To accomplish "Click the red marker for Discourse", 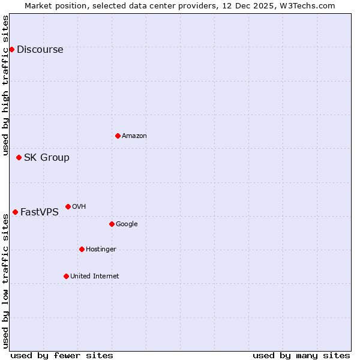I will (x=11, y=49).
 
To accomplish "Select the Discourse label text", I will (x=40, y=50).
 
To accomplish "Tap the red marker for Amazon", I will (x=118, y=136).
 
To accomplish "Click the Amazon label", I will (x=134, y=136).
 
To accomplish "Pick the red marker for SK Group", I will (x=19, y=157).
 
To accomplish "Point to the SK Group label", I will (x=46, y=158).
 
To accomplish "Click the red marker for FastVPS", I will (x=15, y=212).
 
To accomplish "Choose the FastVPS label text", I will (x=39, y=212).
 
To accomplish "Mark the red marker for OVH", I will (x=68, y=206).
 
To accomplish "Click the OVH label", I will (x=79, y=207).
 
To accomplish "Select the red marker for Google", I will (x=112, y=224).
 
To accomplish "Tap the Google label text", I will (x=127, y=224).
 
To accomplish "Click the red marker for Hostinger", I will (x=82, y=249).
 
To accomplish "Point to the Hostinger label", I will (x=101, y=250).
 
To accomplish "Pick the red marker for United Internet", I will (x=66, y=276).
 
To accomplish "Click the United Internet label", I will (x=94, y=277).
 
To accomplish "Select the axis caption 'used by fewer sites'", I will (x=62, y=355).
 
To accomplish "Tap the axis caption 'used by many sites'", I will (x=301, y=355).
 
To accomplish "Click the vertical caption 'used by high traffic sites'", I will (x=5, y=85).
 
